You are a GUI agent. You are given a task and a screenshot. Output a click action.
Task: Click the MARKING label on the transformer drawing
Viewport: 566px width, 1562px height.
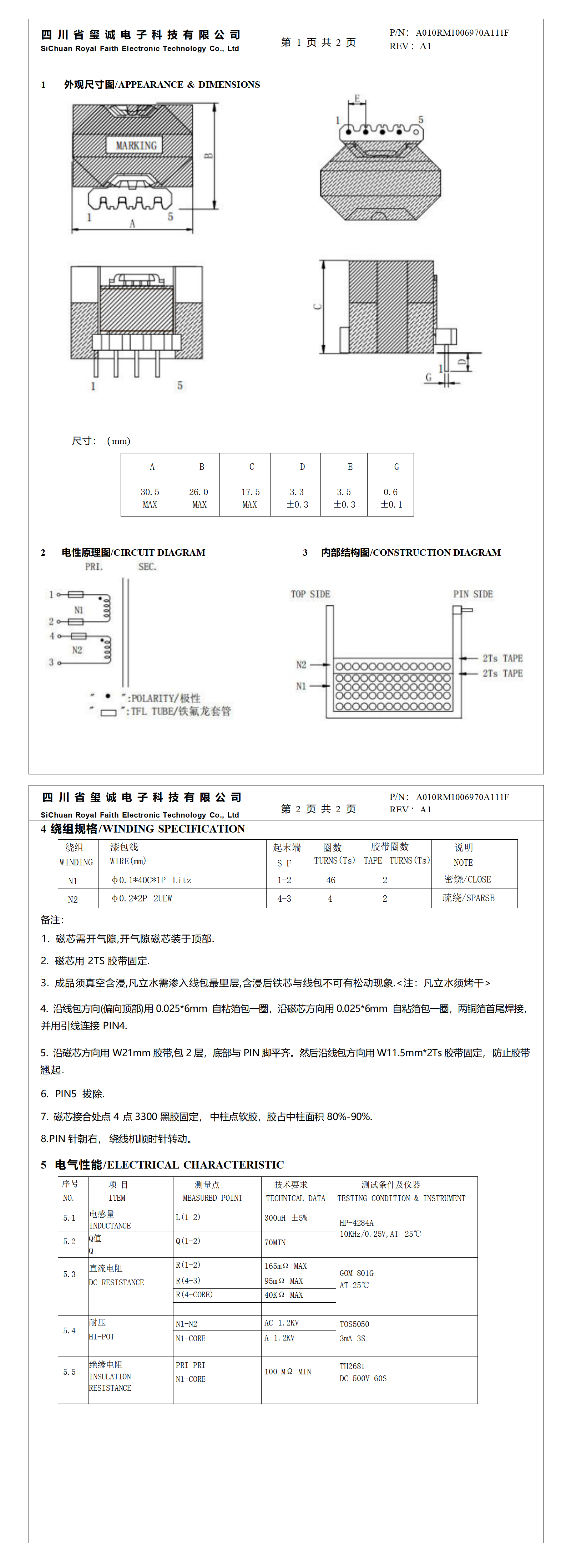coord(136,146)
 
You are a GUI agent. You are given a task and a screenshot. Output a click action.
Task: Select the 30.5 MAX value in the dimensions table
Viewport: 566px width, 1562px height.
coord(150,498)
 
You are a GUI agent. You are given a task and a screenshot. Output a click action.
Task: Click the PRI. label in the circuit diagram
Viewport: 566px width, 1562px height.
coord(94,567)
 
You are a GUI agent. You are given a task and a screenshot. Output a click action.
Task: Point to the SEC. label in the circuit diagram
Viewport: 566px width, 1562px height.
coord(147,567)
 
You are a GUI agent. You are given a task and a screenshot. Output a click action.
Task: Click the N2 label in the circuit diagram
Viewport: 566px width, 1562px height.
coord(77,650)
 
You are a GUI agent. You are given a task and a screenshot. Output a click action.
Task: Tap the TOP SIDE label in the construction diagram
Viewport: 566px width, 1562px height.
coord(310,594)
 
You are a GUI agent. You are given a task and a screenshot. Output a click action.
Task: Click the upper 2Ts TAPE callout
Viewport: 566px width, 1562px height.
coord(502,658)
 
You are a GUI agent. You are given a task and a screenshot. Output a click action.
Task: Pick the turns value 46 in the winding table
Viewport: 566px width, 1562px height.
coord(330,880)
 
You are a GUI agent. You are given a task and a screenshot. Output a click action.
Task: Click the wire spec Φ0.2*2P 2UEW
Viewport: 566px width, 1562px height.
coord(142,899)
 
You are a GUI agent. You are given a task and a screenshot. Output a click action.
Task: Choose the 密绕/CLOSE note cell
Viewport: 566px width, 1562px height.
coord(468,879)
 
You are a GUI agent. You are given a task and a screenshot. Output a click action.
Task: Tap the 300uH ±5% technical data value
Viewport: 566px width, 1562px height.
coord(286,1217)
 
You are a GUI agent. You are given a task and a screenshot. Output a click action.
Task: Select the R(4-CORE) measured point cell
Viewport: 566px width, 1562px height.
coord(194,1294)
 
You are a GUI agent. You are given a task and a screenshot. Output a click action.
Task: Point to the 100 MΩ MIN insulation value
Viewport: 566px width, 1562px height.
coord(288,1372)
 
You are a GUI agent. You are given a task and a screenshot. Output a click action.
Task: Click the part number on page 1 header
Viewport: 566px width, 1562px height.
coord(462,33)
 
